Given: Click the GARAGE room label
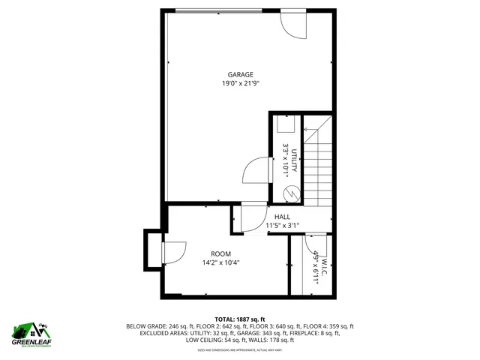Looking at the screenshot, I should point(241,74).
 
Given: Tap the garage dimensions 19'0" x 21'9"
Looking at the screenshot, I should point(241,84).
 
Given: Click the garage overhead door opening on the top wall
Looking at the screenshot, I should point(218,10).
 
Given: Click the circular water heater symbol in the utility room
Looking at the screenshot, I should point(289,194).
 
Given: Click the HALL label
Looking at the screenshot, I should point(282,217).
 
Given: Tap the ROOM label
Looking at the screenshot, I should point(220,253).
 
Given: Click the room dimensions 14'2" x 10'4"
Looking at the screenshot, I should point(220,263).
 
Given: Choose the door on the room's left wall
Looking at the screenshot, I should point(173,253).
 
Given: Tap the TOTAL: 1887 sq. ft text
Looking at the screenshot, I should point(240,319).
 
